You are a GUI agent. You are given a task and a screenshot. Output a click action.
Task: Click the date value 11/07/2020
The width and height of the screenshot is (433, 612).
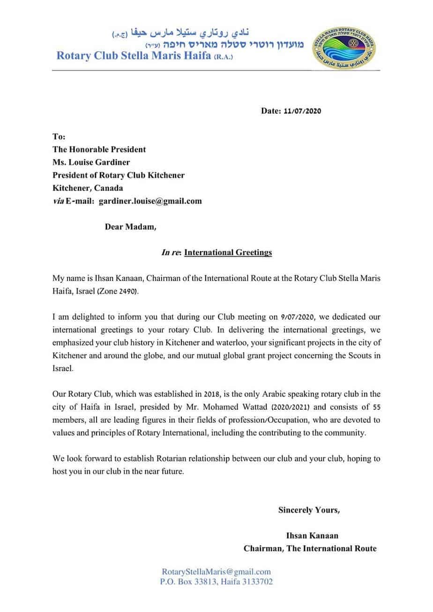pyautogui.click(x=303, y=111)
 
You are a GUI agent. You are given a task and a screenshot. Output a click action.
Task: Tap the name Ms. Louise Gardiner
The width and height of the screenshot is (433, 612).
pyautogui.click(x=92, y=162)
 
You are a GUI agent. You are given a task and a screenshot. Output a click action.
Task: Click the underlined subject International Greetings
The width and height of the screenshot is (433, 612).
pyautogui.click(x=228, y=252)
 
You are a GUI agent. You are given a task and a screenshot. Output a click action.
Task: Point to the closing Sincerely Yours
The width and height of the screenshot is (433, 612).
pyautogui.click(x=309, y=509)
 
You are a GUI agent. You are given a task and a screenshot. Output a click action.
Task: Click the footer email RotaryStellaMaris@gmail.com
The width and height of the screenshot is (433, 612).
pyautogui.click(x=216, y=572)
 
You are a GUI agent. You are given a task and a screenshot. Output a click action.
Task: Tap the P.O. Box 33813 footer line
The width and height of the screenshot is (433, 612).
pyautogui.click(x=216, y=582)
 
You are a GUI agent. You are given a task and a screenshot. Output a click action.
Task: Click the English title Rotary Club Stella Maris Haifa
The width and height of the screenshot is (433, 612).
pyautogui.click(x=143, y=56)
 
